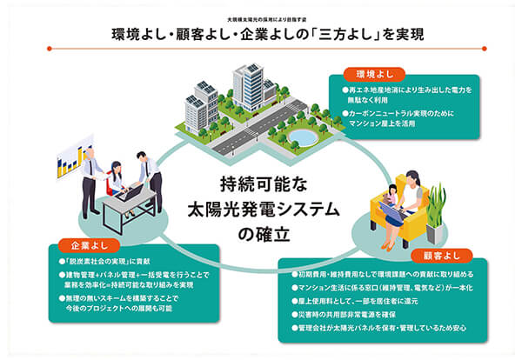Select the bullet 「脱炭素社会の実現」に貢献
coord(104,261)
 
